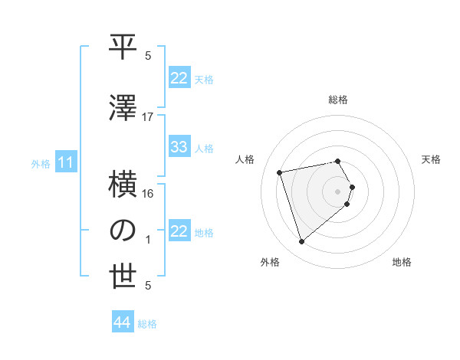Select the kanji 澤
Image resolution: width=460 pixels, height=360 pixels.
pos(123,108)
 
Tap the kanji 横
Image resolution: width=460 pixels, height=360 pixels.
pos(123,186)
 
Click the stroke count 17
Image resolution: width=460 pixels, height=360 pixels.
pos(148,116)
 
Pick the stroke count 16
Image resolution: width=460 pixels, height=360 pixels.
pos(148,194)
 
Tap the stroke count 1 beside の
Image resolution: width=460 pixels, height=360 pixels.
pos(148,240)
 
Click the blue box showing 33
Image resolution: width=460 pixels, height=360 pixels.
pos(179,147)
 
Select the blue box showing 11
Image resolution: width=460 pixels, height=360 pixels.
pos(66,162)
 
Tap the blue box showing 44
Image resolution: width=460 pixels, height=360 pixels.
pos(123,322)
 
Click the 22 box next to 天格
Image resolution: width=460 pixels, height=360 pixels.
pos(179,78)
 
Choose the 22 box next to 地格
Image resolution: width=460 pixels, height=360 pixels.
pos(179,231)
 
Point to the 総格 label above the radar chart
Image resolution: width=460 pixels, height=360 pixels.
pos(338,100)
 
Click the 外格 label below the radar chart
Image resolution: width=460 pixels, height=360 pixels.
pos(270,263)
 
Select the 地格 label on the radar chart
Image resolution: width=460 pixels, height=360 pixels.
pos(402,263)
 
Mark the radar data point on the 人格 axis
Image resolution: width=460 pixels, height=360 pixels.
pos(280,172)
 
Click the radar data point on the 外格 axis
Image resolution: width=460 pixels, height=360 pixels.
pos(301,241)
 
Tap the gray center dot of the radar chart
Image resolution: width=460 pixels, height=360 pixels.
pos(338,191)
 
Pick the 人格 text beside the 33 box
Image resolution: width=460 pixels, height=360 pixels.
pos(204,148)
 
